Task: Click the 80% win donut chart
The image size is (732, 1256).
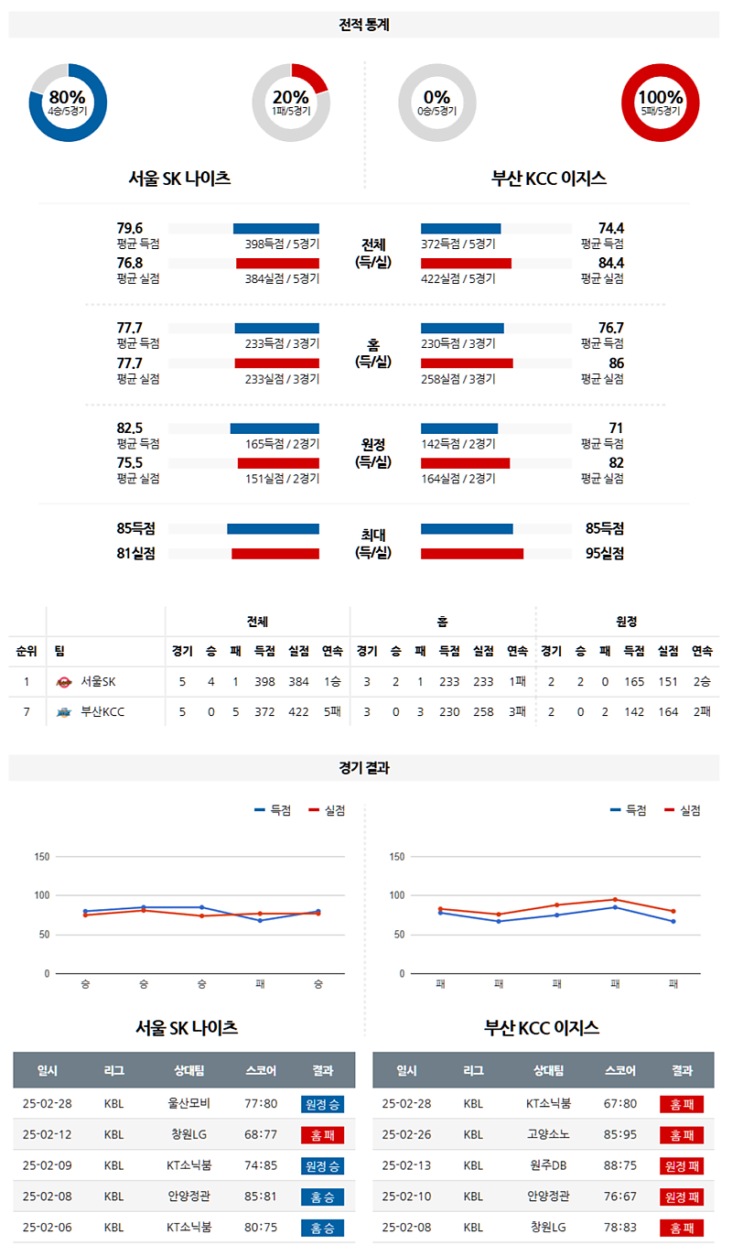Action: (x=67, y=103)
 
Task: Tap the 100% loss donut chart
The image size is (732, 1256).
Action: (x=660, y=103)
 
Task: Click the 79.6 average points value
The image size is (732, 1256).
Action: (x=130, y=228)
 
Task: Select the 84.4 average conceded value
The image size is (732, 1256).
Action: (x=610, y=263)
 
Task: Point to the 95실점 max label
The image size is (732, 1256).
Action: (x=605, y=553)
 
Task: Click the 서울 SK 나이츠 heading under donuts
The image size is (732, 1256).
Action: (x=180, y=179)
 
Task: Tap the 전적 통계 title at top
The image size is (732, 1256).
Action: (x=364, y=25)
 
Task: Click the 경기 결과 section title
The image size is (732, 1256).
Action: (x=364, y=768)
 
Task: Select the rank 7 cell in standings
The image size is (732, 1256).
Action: (x=27, y=711)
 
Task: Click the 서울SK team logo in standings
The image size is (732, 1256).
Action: (x=64, y=682)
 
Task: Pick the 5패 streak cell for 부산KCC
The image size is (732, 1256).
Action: (x=332, y=711)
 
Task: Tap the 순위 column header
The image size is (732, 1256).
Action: (x=27, y=651)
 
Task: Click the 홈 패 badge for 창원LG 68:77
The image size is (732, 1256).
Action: (x=321, y=1135)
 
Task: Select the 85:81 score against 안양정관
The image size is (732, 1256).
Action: (x=261, y=1196)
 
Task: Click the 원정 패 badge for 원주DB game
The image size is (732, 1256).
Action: (x=681, y=1166)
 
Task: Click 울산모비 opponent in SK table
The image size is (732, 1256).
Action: (x=188, y=1104)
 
